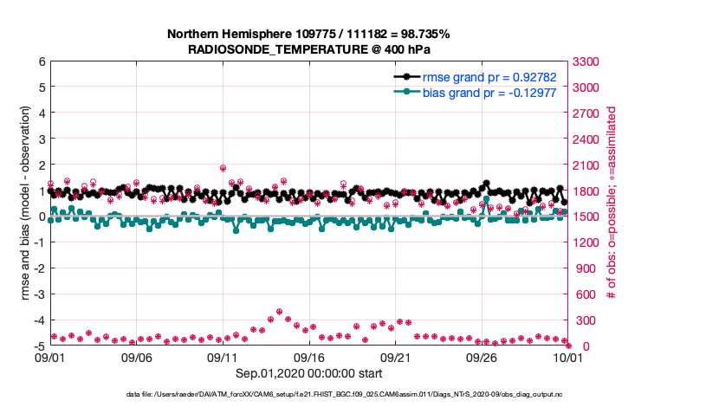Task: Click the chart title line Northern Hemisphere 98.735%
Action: coord(308,34)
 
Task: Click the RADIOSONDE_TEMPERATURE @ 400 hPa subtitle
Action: coord(308,49)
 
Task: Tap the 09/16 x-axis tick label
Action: coord(309,357)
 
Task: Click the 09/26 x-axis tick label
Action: coord(482,357)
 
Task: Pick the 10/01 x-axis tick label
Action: coord(567,357)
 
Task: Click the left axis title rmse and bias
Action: coord(25,204)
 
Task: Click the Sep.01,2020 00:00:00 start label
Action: coord(308,374)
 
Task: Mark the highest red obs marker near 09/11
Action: coord(223,168)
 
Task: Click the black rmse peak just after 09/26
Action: coord(487,184)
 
